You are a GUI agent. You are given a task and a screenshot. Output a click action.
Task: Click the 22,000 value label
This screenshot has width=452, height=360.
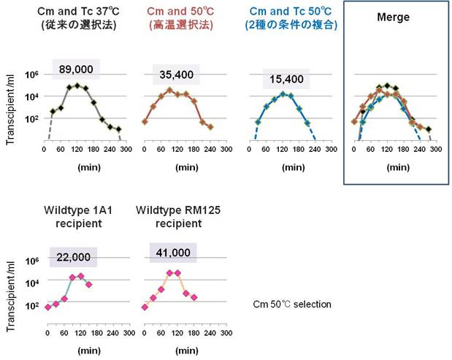pos(73,255)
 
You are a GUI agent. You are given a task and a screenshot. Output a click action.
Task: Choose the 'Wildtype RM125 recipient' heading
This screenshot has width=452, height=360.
pos(179,218)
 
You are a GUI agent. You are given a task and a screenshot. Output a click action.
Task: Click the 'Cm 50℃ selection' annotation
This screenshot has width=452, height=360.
pos(291,304)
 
